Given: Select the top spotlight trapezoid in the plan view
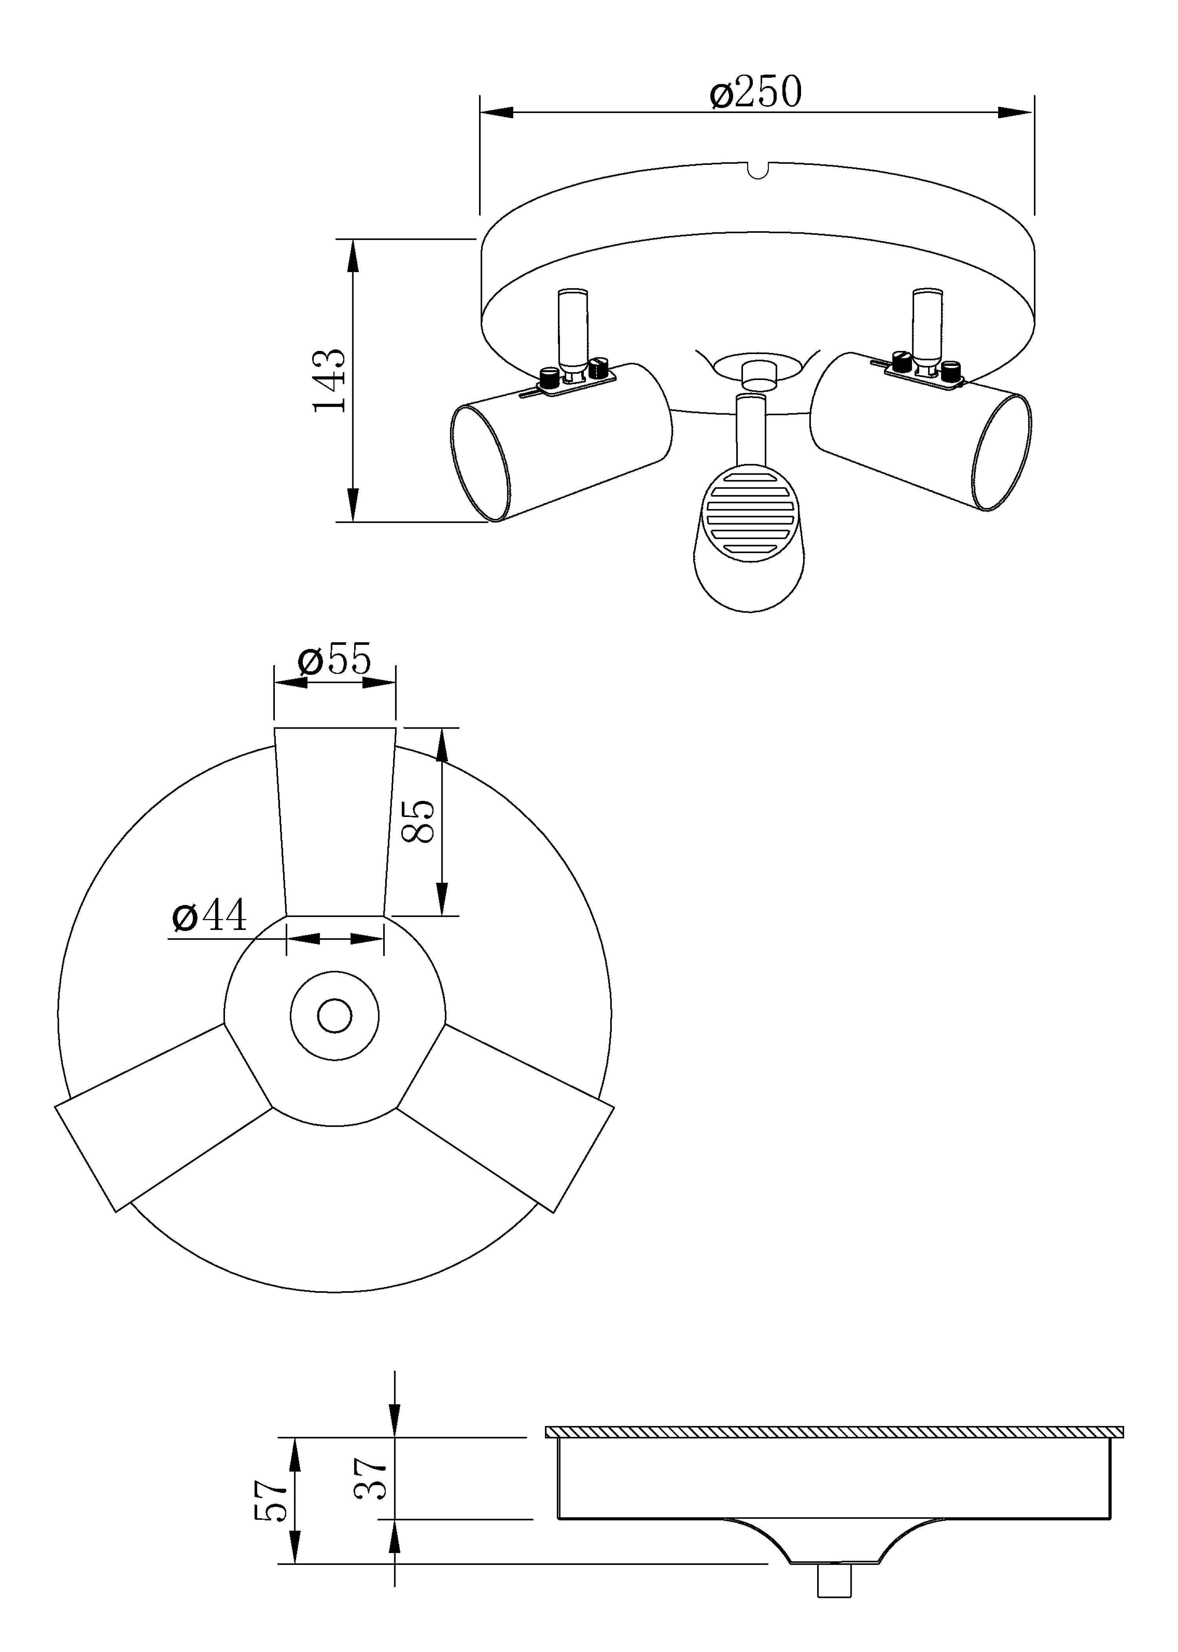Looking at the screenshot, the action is (x=335, y=822).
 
